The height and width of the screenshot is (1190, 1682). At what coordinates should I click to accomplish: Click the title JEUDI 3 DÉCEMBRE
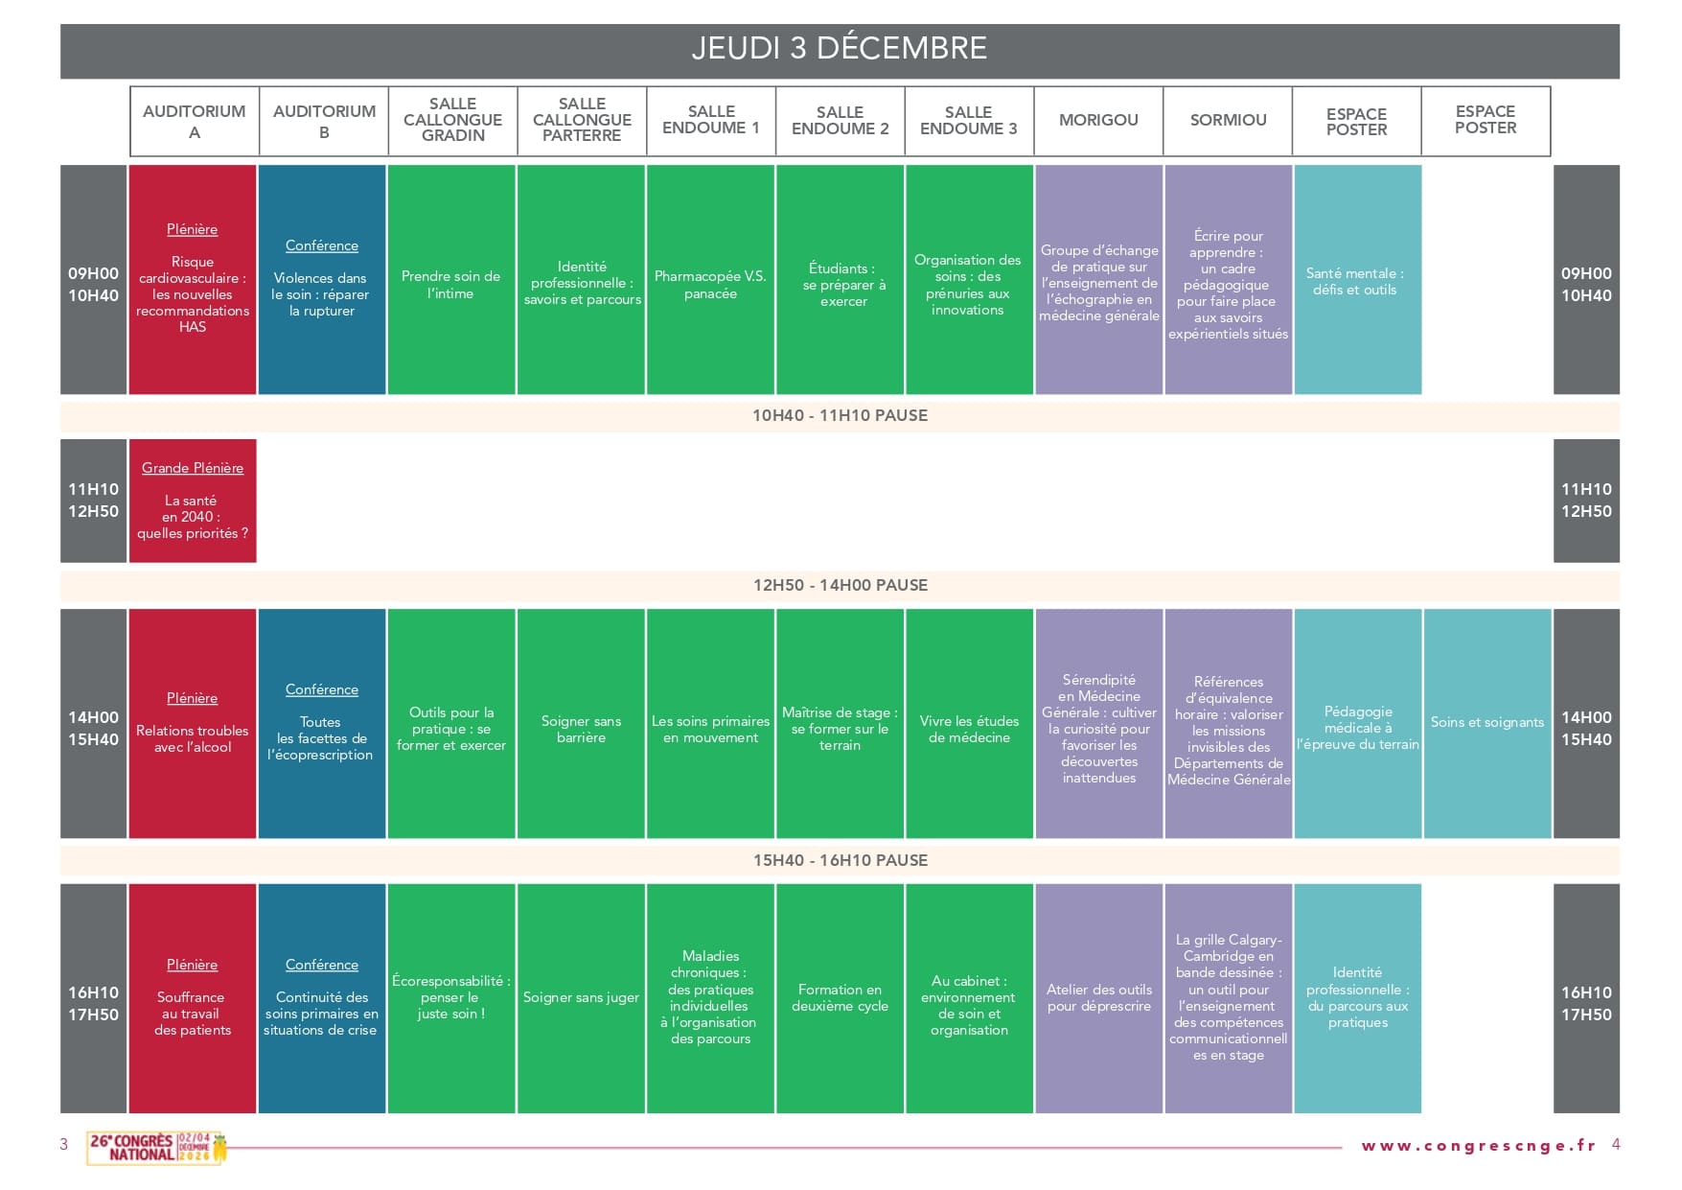click(840, 48)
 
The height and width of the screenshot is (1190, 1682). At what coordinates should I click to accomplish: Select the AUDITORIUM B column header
click(324, 122)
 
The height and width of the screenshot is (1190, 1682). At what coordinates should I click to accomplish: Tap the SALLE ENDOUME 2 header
click(840, 122)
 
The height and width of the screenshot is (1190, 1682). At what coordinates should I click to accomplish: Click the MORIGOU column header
click(1098, 122)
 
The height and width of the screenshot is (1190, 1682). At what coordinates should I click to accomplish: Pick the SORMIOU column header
click(1228, 122)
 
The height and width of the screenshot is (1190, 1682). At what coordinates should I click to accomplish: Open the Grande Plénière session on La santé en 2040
click(193, 501)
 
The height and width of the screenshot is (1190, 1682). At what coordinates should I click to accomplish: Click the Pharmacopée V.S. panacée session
click(710, 280)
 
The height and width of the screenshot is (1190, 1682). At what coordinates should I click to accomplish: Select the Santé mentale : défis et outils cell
click(1357, 280)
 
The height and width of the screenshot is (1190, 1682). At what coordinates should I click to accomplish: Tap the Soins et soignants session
click(1486, 723)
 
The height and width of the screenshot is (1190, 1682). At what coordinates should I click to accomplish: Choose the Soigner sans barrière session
click(581, 723)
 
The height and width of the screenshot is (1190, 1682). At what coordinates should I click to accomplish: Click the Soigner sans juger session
click(581, 998)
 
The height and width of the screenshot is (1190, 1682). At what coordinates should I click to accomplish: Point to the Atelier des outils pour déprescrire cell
click(1098, 998)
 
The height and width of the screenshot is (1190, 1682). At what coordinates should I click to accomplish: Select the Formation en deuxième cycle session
click(840, 998)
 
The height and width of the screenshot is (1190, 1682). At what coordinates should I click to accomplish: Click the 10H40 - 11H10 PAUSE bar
click(840, 416)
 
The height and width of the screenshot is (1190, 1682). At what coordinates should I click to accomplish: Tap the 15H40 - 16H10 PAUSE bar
click(840, 861)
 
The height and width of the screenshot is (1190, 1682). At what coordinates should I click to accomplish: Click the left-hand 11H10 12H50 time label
click(93, 501)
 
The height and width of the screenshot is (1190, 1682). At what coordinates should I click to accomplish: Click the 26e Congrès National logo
click(157, 1148)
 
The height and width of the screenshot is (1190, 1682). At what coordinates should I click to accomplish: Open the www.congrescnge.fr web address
click(1479, 1145)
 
